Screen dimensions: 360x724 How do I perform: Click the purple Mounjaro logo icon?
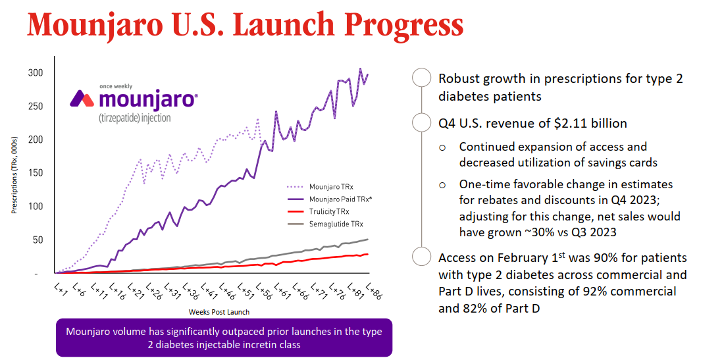83,99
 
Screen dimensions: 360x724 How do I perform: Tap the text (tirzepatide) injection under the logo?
134,118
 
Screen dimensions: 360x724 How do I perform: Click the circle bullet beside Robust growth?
421,78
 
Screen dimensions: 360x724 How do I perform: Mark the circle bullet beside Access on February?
421,257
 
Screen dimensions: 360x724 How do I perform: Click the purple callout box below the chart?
224,338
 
